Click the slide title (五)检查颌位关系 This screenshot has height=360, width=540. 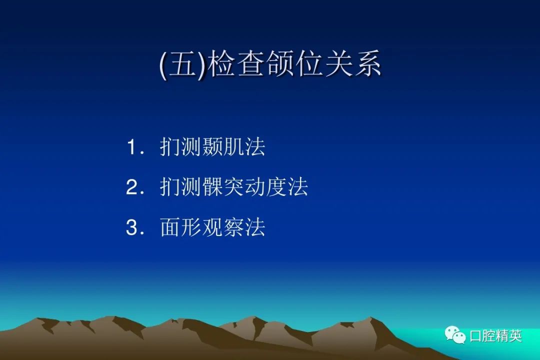click(x=270, y=63)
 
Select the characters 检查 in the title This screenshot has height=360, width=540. click(x=237, y=63)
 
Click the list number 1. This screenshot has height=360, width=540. click(x=132, y=147)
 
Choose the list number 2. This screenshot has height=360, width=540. click(x=132, y=187)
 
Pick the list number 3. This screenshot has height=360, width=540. click(x=132, y=227)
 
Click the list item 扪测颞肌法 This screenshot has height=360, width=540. click(x=212, y=147)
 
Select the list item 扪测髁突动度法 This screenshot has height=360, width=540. click(x=234, y=187)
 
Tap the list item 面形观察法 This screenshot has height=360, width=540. click(x=212, y=227)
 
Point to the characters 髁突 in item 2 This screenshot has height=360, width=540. click(x=223, y=187)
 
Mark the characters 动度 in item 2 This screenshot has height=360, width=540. click(x=265, y=187)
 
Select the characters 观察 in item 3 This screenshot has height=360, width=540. click(x=223, y=227)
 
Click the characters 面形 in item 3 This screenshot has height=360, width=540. click(x=181, y=227)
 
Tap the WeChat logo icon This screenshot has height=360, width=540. click(x=455, y=335)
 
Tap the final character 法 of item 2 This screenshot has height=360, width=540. click(x=297, y=187)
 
